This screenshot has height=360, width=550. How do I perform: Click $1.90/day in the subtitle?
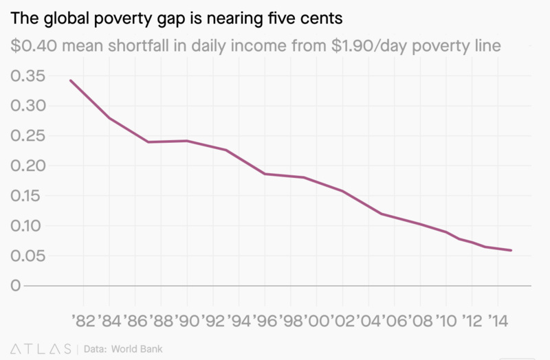pos(364,46)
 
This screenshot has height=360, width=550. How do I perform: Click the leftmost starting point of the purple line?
pos(70,80)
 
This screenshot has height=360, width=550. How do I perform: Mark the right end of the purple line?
pos(511,250)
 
